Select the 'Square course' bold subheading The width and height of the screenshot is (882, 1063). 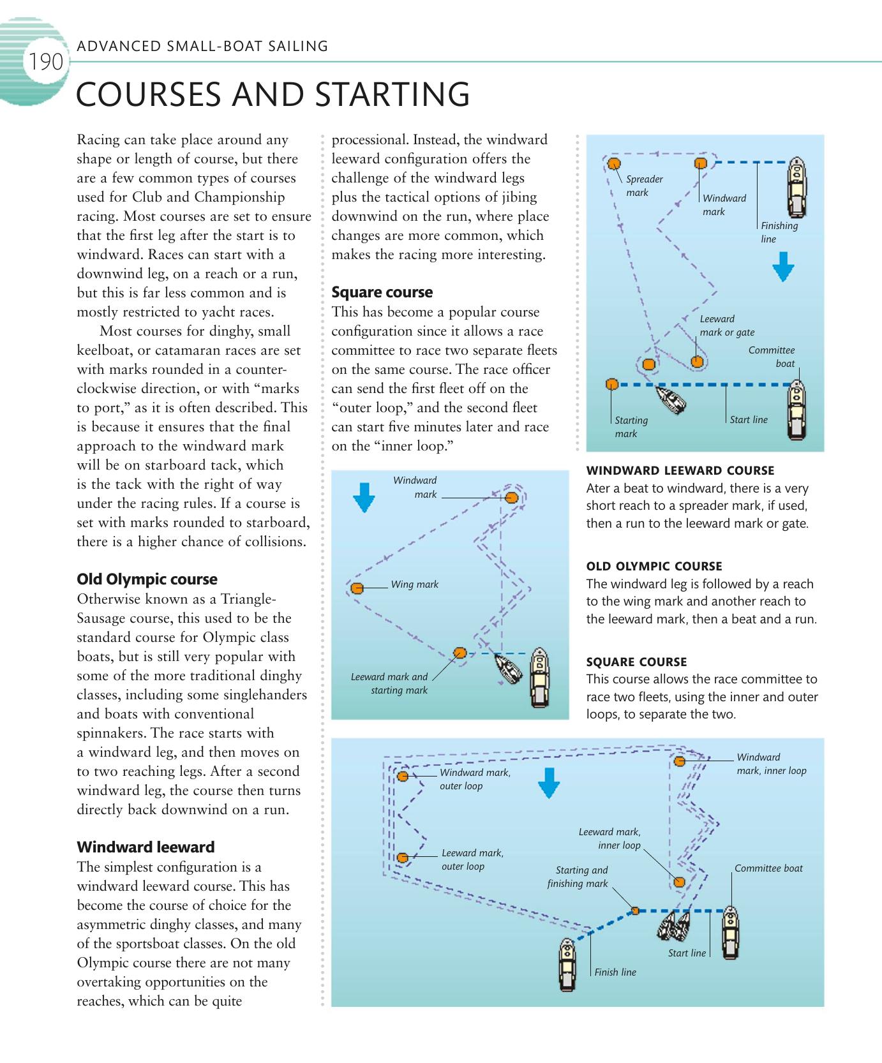[x=382, y=292]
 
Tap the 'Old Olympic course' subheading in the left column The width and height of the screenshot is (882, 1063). [x=147, y=579]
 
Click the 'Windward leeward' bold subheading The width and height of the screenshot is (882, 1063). [x=146, y=847]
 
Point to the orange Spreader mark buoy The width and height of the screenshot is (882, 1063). [x=613, y=163]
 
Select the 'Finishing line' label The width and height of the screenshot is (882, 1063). [x=779, y=232]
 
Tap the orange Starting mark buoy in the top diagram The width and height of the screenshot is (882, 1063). [x=611, y=384]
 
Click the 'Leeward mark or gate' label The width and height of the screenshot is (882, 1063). [x=726, y=325]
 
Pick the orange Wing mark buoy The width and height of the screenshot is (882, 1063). [x=357, y=588]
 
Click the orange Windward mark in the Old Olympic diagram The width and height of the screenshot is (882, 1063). [x=511, y=498]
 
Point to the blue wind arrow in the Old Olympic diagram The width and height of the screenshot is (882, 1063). [x=364, y=498]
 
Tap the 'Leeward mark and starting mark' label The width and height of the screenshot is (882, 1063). [x=390, y=683]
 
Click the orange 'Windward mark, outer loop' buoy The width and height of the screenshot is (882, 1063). [x=403, y=777]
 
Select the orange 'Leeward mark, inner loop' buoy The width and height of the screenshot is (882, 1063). [x=679, y=882]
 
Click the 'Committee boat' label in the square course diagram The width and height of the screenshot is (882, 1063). [x=768, y=868]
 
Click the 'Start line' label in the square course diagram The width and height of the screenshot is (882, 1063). [x=687, y=953]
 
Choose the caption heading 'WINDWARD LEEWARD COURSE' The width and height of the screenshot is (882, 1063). [x=680, y=471]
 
